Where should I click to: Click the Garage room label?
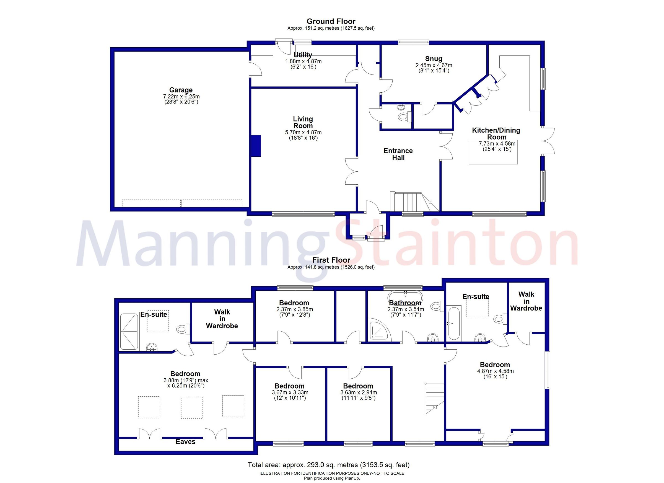pos(181,90)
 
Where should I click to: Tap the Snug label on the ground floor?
pos(434,59)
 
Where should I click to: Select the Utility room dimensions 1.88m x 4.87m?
pos(303,61)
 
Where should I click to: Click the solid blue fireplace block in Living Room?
pos(256,146)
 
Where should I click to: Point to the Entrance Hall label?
pos(398,154)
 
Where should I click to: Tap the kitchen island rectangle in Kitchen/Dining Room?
pos(493,152)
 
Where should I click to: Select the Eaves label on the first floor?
pos(185,442)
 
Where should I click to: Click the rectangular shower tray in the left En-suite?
pos(129,331)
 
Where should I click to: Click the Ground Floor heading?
pos(331,21)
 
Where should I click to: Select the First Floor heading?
pos(331,260)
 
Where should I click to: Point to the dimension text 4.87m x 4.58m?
pos(495,371)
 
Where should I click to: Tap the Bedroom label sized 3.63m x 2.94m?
pos(358,386)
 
